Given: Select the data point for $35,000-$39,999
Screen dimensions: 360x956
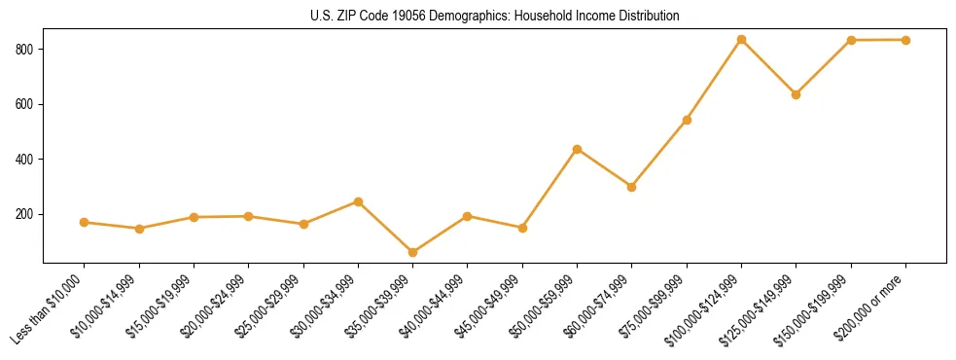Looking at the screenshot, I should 413,252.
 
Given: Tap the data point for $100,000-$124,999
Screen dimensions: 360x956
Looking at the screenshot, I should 742,40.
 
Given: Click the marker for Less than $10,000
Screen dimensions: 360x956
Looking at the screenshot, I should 85,223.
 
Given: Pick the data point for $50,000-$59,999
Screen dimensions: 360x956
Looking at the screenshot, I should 578,149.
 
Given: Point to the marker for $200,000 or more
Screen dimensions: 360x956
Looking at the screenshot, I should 906,40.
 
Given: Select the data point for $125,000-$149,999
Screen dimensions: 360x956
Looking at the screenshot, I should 797,94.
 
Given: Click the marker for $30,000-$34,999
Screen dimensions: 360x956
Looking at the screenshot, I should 359,201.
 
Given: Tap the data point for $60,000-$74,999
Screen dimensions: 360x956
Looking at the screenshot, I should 632,187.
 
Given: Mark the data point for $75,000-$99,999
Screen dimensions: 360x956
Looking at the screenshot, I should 688,120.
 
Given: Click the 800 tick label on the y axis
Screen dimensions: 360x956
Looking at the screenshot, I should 26,49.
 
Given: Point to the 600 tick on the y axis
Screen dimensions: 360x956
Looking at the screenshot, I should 26,104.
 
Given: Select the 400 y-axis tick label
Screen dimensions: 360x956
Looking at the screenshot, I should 26,160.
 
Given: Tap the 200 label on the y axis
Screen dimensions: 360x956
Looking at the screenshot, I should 26,214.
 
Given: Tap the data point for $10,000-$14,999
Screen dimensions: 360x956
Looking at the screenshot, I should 140,229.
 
